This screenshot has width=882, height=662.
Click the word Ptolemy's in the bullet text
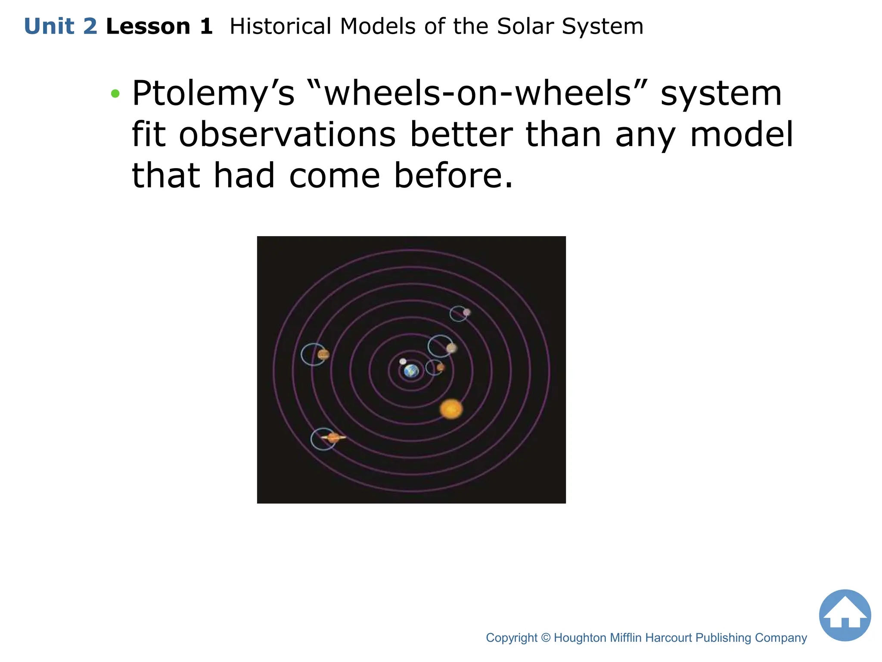pyautogui.click(x=213, y=94)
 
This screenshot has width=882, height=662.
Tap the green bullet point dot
pyautogui.click(x=115, y=94)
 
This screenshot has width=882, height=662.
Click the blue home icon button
pyautogui.click(x=845, y=615)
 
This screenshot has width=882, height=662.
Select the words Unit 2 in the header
pyautogui.click(x=61, y=26)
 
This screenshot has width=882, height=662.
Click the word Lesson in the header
pyautogui.click(x=148, y=26)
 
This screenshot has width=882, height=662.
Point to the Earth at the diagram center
pyautogui.click(x=411, y=371)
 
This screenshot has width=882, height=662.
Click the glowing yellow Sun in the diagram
pyautogui.click(x=451, y=409)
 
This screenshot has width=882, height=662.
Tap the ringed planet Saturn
pyautogui.click(x=333, y=438)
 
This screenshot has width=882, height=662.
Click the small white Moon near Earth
pyautogui.click(x=403, y=361)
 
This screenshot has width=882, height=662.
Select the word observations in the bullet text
pyautogui.click(x=287, y=134)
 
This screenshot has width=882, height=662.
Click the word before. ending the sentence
pyautogui.click(x=453, y=175)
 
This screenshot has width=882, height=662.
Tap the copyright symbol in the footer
pyautogui.click(x=545, y=638)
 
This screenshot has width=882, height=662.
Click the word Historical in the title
pyautogui.click(x=281, y=26)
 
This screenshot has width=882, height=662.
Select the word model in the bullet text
pyautogui.click(x=741, y=134)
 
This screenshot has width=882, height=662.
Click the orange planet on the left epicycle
pyautogui.click(x=323, y=354)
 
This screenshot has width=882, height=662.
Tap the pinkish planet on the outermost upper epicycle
pyautogui.click(x=466, y=312)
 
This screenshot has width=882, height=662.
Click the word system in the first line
pyautogui.click(x=721, y=94)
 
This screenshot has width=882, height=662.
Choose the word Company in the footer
pyautogui.click(x=781, y=638)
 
